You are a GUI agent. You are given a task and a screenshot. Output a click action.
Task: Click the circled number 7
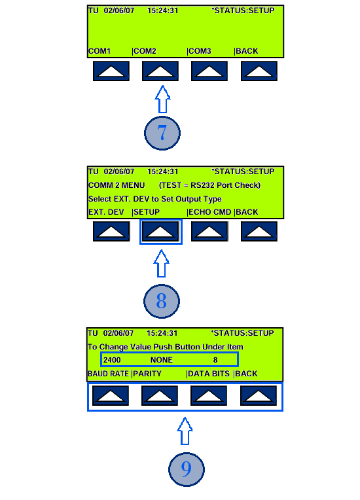(162, 133)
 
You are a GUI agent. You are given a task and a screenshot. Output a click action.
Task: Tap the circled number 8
(162, 301)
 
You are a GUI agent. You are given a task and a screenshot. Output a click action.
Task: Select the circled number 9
(187, 469)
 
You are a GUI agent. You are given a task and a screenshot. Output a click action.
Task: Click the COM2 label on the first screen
(145, 51)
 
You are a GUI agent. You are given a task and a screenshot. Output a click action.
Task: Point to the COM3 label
(200, 51)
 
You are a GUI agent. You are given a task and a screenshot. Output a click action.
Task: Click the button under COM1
(111, 71)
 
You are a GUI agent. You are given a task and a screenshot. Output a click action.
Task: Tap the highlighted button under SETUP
(161, 232)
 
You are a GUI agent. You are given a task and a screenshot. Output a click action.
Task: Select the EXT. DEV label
(106, 212)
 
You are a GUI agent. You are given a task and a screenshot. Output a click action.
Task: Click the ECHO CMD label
(210, 212)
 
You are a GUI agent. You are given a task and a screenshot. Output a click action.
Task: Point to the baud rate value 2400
(112, 360)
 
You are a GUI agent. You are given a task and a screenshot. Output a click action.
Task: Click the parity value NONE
(162, 360)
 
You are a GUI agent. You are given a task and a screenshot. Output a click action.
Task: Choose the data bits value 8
(215, 360)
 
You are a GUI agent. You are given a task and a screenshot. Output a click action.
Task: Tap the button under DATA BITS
(209, 395)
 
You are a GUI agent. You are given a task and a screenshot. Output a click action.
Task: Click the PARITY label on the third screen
(147, 374)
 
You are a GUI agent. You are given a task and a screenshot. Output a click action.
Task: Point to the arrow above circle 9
(185, 431)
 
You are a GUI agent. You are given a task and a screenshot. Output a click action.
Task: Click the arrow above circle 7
(162, 99)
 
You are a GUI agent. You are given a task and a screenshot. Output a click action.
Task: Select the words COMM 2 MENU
(117, 185)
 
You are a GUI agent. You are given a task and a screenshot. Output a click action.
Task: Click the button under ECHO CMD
(209, 232)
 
